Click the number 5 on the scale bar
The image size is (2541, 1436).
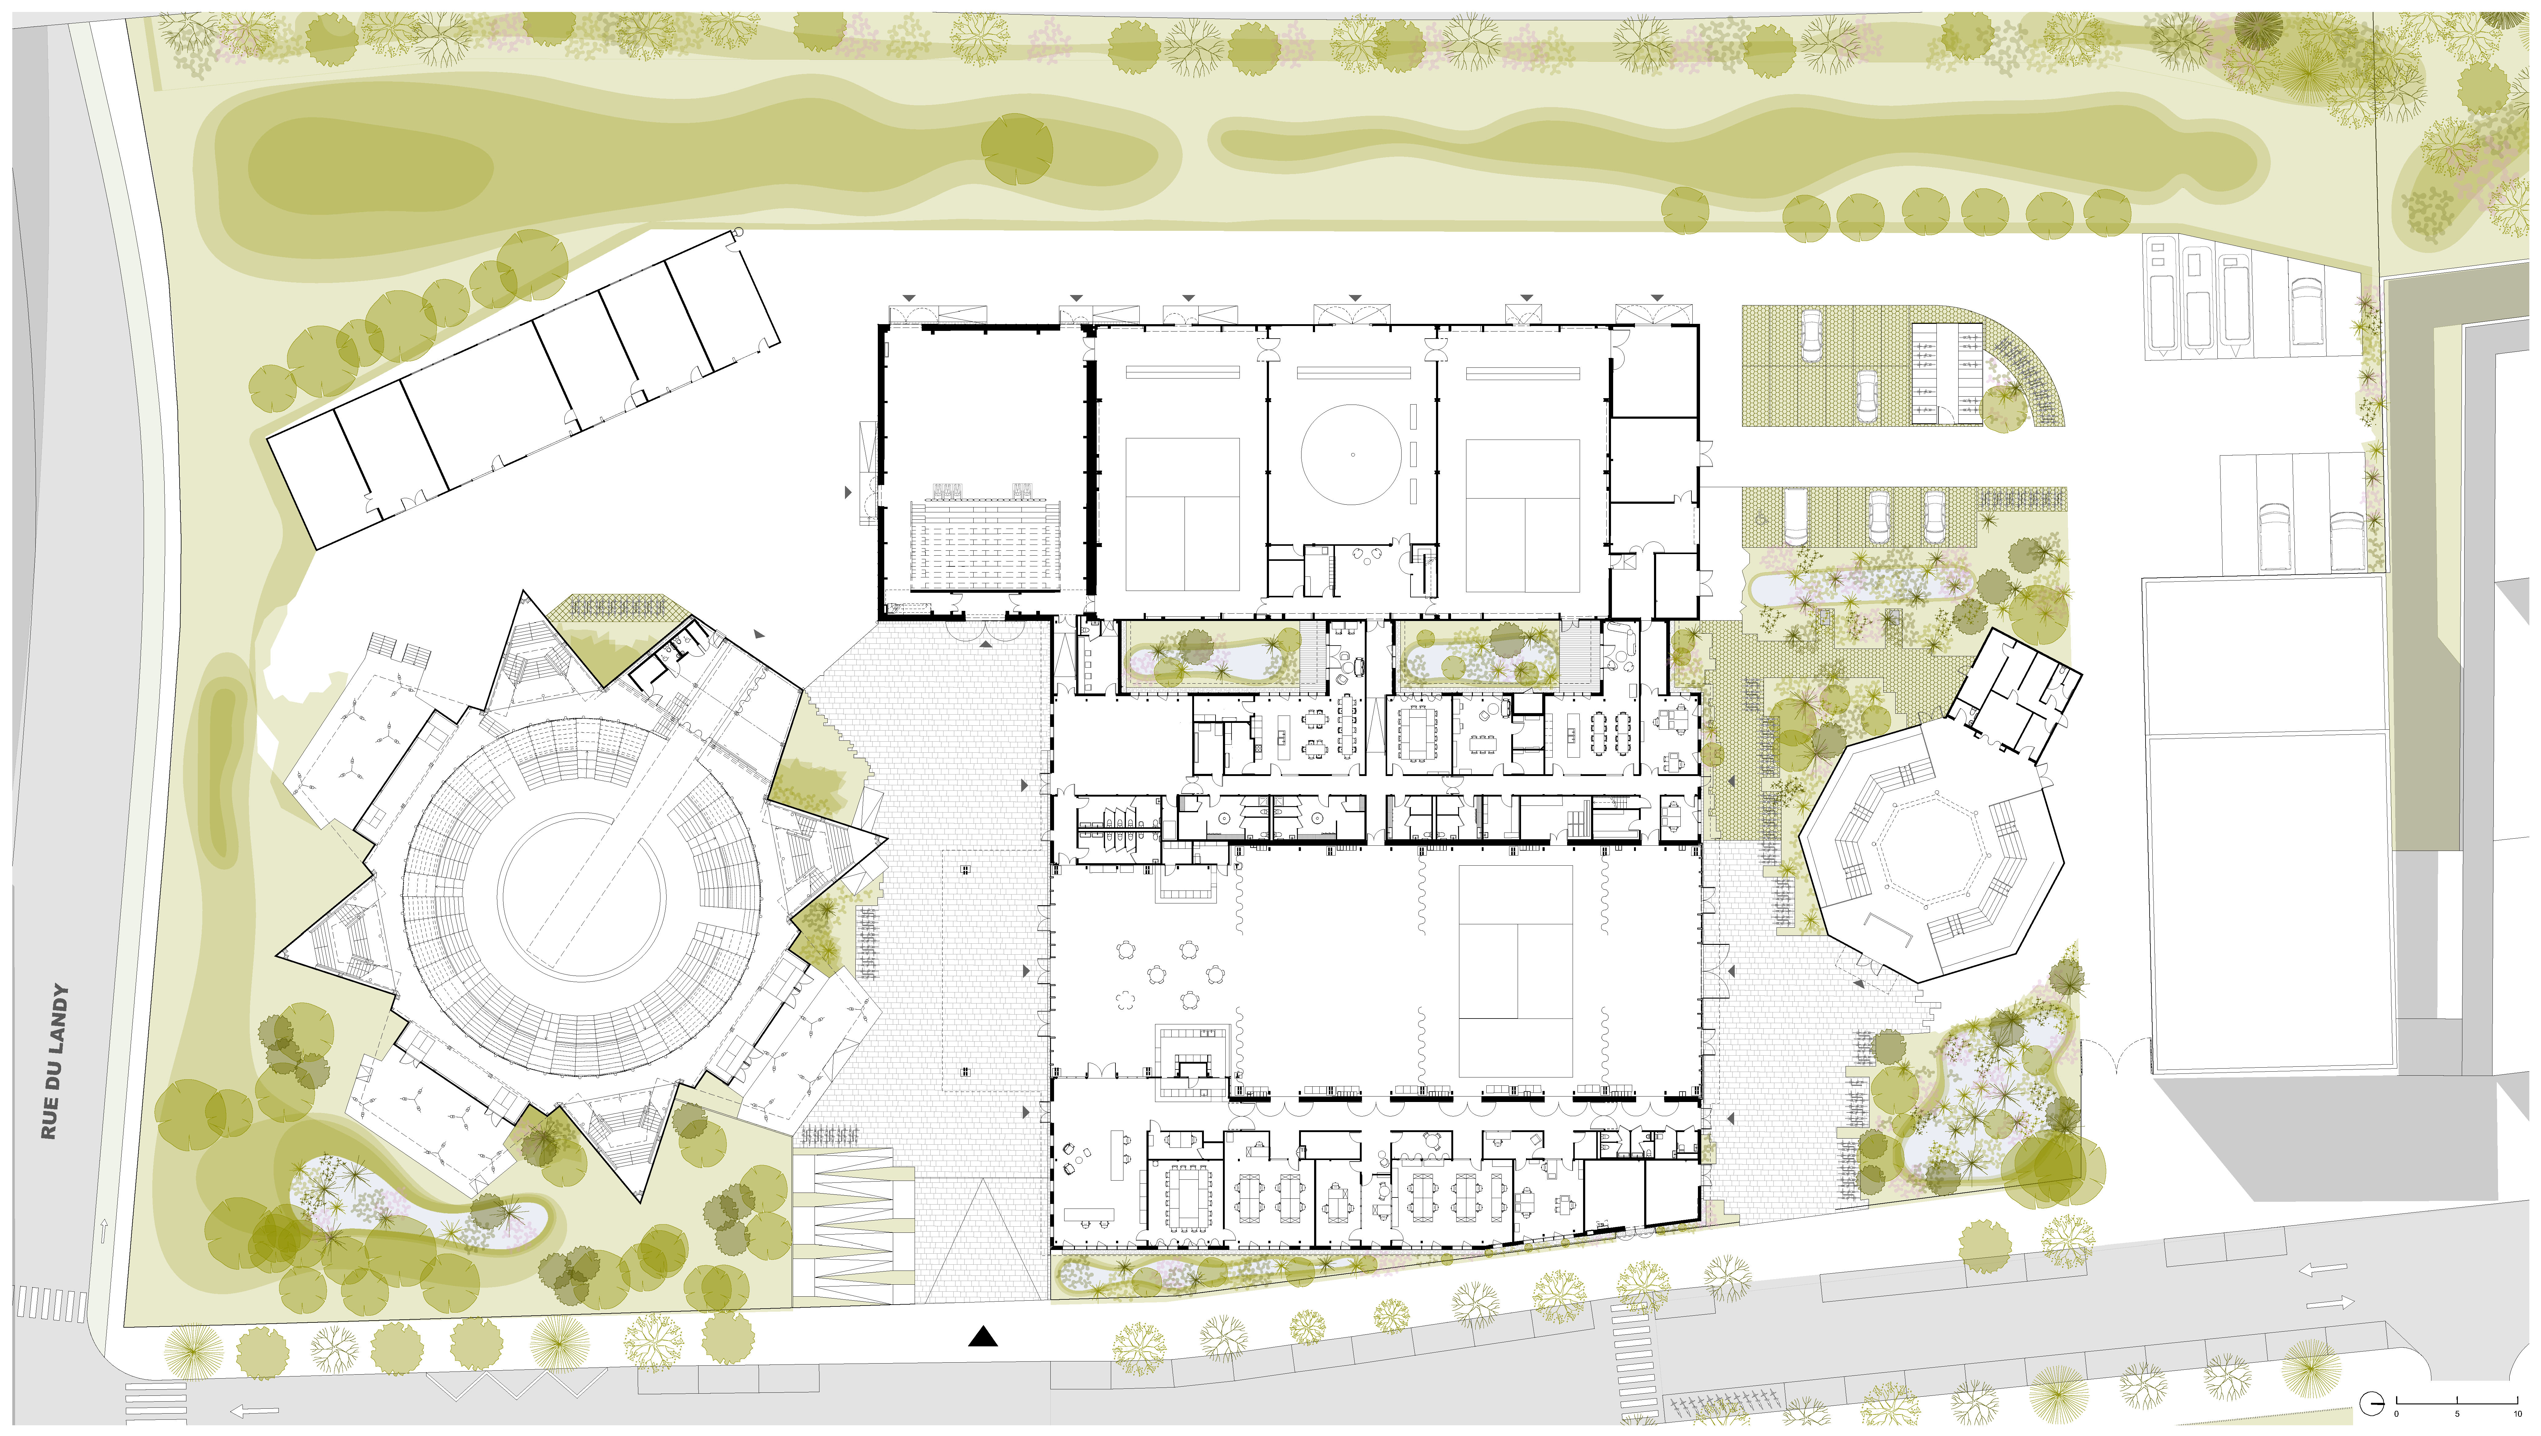pyautogui.click(x=2457, y=1414)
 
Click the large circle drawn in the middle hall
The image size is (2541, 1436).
pyautogui.click(x=1351, y=455)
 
